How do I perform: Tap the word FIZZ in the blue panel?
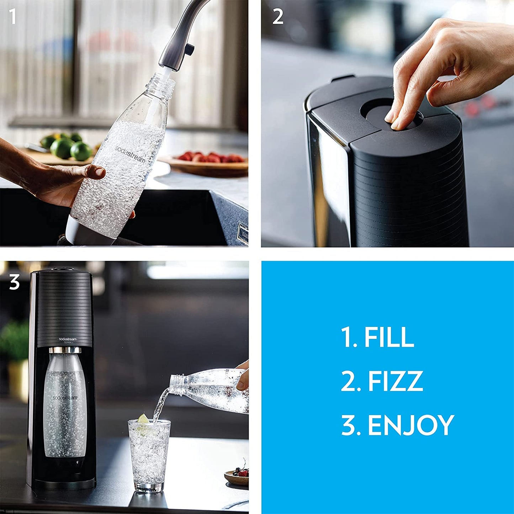(395, 381)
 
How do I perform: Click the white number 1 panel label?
(13, 17)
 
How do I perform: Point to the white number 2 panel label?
(278, 17)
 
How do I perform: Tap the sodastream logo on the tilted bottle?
(130, 154)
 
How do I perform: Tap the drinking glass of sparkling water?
(149, 455)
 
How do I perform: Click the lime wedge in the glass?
(143, 419)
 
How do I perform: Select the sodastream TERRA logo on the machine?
(68, 340)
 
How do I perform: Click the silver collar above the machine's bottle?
(65, 350)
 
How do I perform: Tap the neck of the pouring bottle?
(178, 385)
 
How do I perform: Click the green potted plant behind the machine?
(14, 341)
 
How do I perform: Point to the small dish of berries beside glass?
(238, 477)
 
